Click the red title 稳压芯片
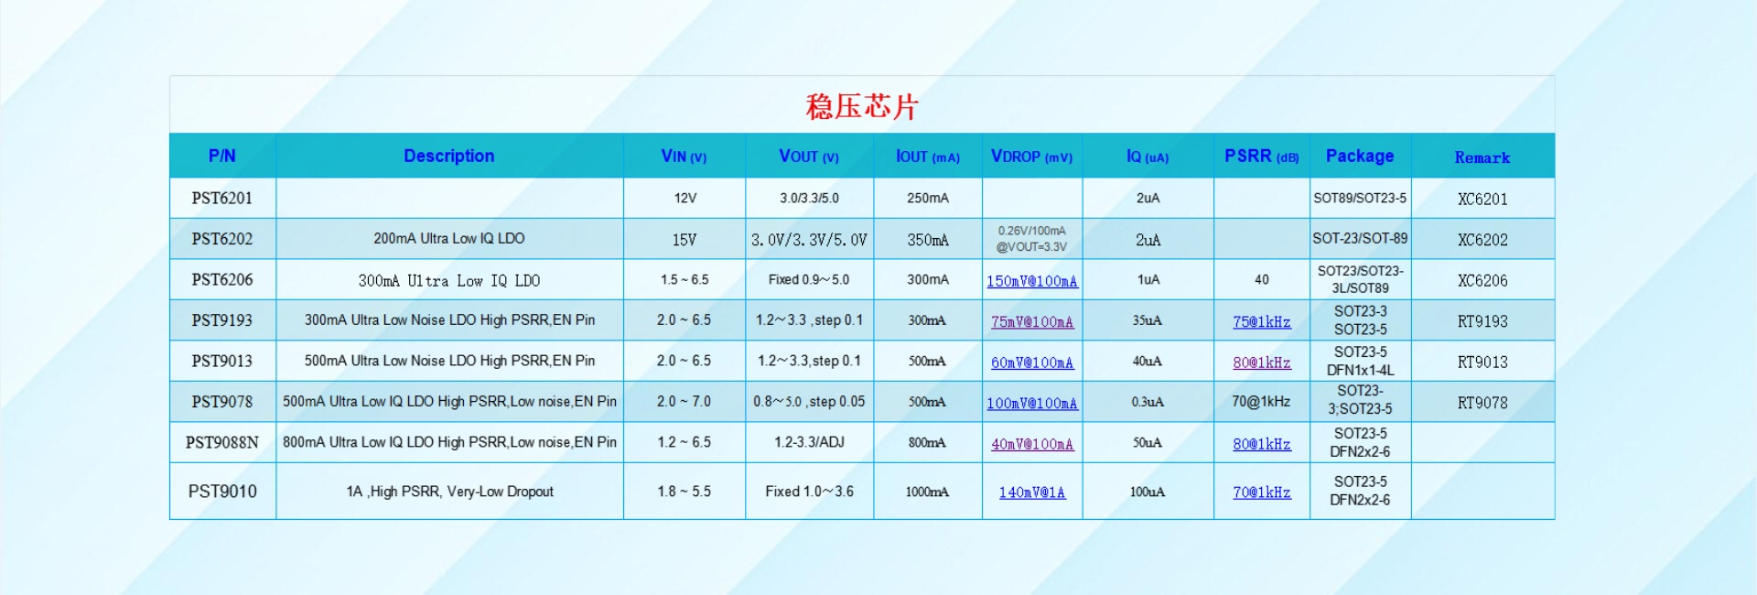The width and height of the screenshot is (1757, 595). pos(861,107)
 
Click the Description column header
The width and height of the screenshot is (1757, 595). pos(449,157)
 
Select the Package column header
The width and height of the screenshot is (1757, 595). pos(1360,157)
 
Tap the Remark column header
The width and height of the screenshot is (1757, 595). pos(1482,157)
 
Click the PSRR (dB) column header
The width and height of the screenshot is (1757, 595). pos(1262,157)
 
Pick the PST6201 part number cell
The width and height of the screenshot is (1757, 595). pos(222,198)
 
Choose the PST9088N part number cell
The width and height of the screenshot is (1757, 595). pos(222,442)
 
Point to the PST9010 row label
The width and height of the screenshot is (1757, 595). pos(222,492)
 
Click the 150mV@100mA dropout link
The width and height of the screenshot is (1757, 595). pos(1032,281)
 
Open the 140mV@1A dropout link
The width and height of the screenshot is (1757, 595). pos(1032,492)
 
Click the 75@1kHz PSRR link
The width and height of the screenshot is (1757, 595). pos(1262,322)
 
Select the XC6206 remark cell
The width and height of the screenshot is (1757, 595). pos(1482,281)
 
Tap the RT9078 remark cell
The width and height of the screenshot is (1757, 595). pos(1482,403)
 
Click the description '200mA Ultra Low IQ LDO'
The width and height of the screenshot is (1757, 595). pos(449,239)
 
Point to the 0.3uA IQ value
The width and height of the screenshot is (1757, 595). pos(1148,402)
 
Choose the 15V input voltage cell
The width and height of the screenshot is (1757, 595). pos(684,240)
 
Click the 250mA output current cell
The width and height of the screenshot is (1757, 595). pos(928,198)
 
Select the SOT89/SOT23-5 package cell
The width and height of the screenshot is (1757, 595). pos(1360,198)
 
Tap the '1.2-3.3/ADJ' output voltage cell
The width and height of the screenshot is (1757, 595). pos(809,442)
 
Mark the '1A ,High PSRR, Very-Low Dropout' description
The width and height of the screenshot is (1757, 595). pos(449,492)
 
